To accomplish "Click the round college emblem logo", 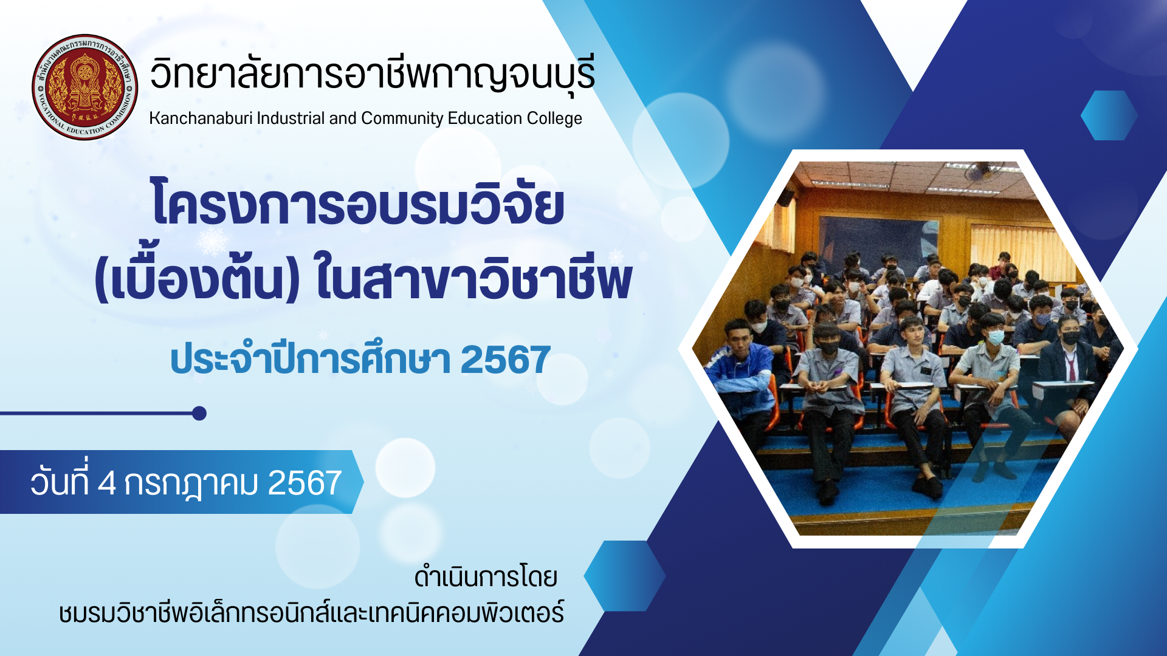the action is point(85,87).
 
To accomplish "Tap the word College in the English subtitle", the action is point(554,118).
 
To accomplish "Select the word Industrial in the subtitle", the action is point(291,118).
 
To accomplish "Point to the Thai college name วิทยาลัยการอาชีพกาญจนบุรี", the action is point(372,74).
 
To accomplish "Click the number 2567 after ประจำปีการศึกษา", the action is point(506,360).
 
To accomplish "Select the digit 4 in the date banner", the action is point(106,483).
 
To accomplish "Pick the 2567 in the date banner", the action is point(305,483).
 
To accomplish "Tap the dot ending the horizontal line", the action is point(199,414).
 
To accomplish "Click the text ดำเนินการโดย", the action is point(486,577).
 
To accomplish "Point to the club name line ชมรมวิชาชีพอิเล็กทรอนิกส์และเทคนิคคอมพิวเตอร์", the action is point(311,612).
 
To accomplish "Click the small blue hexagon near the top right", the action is point(1109,115).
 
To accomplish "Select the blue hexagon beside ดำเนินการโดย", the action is point(624,576).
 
